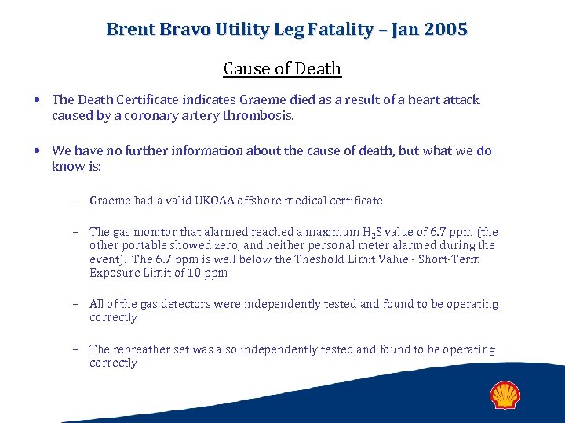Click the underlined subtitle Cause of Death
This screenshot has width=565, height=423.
coord(282,69)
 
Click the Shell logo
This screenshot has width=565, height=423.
coord(505,395)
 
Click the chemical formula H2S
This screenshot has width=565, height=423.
coord(372,232)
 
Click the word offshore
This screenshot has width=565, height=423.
coord(270,201)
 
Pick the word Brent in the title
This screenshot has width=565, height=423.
coord(130,30)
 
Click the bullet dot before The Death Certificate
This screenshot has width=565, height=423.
coord(38,100)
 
